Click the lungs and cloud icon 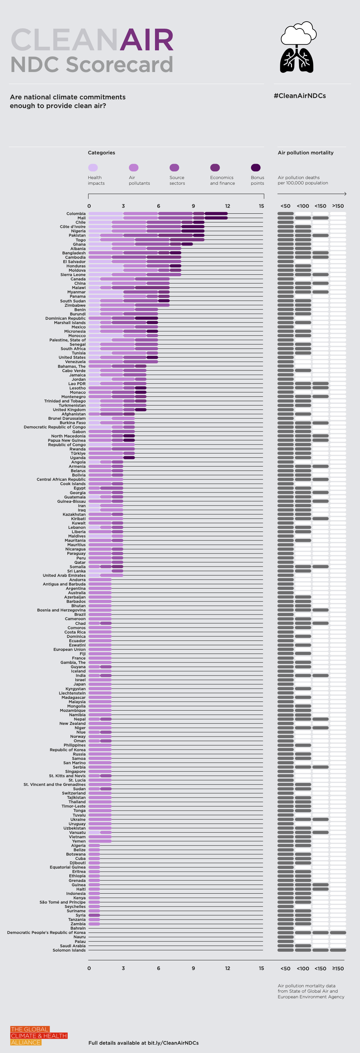297,47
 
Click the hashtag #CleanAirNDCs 300,96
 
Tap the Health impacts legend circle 93,168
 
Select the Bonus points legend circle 255,168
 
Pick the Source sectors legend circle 174,168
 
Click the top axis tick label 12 227,206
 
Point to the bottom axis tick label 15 261,968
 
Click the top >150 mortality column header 338,206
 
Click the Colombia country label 76,213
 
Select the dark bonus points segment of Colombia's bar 216,213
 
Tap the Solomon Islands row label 69,950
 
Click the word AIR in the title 146,40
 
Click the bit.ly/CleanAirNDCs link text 173,1043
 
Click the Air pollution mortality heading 305,152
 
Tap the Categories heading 101,152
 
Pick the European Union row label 69,649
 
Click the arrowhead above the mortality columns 345,194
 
